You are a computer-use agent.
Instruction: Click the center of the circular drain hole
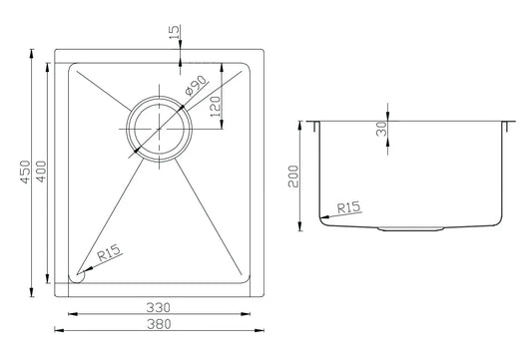click(157, 130)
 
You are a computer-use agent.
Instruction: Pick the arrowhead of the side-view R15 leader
click(322, 216)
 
